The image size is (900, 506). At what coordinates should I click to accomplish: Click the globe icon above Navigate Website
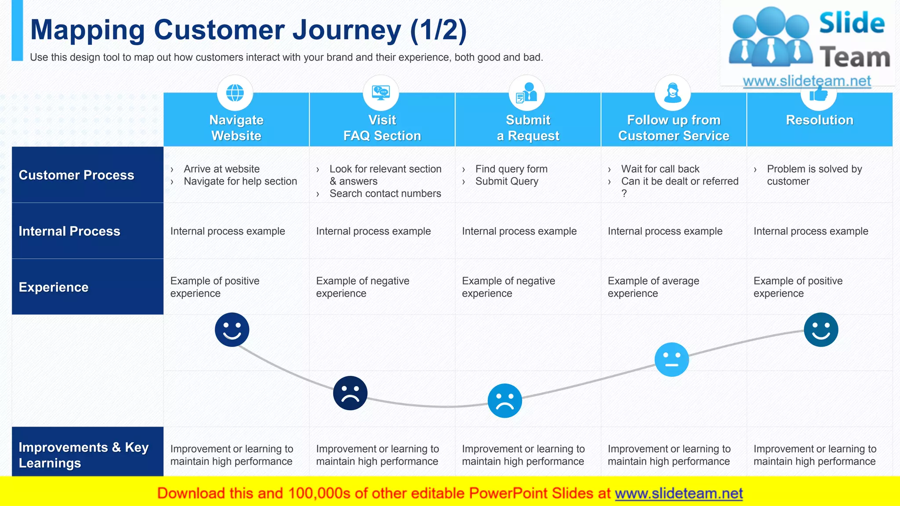[235, 93]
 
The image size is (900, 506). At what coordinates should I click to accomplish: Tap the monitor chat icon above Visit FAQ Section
[381, 93]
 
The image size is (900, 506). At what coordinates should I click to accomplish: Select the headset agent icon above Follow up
[673, 93]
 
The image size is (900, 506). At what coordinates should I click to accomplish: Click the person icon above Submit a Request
[527, 93]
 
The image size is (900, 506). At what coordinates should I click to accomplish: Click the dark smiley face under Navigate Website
[232, 329]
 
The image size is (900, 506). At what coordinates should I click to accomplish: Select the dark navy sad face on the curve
[350, 393]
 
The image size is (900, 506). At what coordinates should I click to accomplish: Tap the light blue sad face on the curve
[505, 401]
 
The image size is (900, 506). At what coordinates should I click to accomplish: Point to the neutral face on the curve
[671, 359]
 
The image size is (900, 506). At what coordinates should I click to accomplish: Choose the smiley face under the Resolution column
[821, 329]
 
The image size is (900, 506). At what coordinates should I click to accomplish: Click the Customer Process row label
[76, 175]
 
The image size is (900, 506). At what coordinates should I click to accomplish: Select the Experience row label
[54, 287]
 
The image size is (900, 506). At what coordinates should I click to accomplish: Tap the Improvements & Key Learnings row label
[83, 455]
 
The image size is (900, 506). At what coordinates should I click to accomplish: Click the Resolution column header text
[820, 120]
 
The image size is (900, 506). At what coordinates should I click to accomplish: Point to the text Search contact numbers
[385, 194]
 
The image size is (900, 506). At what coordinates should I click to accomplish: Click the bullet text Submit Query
[507, 181]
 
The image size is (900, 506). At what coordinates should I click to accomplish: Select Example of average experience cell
[653, 287]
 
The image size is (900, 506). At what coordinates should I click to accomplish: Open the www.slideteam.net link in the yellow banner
[679, 493]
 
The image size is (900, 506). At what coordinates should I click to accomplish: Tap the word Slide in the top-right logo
[852, 23]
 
